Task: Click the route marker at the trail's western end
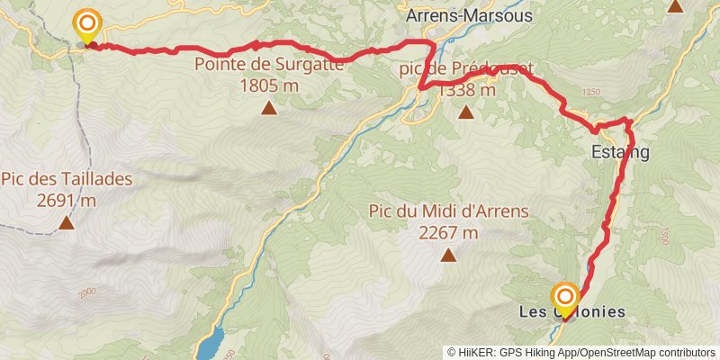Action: (x=87, y=24)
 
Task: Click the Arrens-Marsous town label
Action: (x=469, y=15)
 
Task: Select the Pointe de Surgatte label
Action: (x=268, y=65)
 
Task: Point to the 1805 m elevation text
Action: (x=269, y=85)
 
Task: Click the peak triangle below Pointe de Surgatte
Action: (x=269, y=109)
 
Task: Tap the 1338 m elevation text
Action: (x=466, y=90)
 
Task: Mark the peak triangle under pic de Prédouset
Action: (x=466, y=112)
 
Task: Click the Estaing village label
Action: (x=620, y=153)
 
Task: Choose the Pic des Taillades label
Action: (x=67, y=179)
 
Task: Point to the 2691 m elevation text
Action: (x=67, y=200)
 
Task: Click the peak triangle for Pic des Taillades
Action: (x=67, y=222)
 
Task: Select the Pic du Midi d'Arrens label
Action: (x=448, y=211)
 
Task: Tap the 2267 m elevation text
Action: (x=448, y=232)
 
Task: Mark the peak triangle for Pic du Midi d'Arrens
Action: (x=448, y=256)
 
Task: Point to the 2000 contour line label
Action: (x=86, y=293)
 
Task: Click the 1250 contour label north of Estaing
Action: (x=590, y=93)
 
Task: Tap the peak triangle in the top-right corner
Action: (x=676, y=6)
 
